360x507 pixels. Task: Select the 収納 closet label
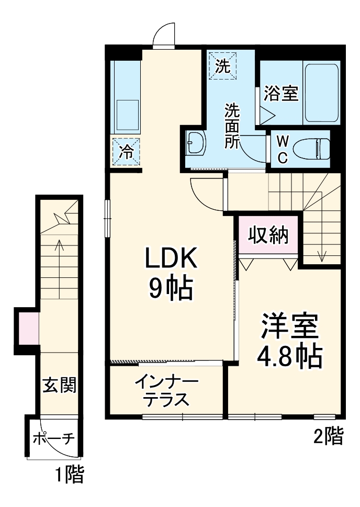tap(268, 234)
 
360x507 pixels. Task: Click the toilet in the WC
tap(311, 149)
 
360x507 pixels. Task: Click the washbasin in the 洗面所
tap(196, 144)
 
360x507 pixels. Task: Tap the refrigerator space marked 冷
tap(126, 152)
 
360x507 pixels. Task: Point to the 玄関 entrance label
tap(59, 385)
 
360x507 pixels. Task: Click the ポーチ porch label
tap(54, 439)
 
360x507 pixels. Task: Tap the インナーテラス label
tap(166, 391)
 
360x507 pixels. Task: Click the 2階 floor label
tap(328, 436)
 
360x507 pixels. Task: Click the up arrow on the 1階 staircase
tap(59, 269)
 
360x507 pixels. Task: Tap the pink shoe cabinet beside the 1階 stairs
tap(29, 329)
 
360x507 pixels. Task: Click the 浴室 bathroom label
tap(281, 94)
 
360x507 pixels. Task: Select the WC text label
tap(283, 150)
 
